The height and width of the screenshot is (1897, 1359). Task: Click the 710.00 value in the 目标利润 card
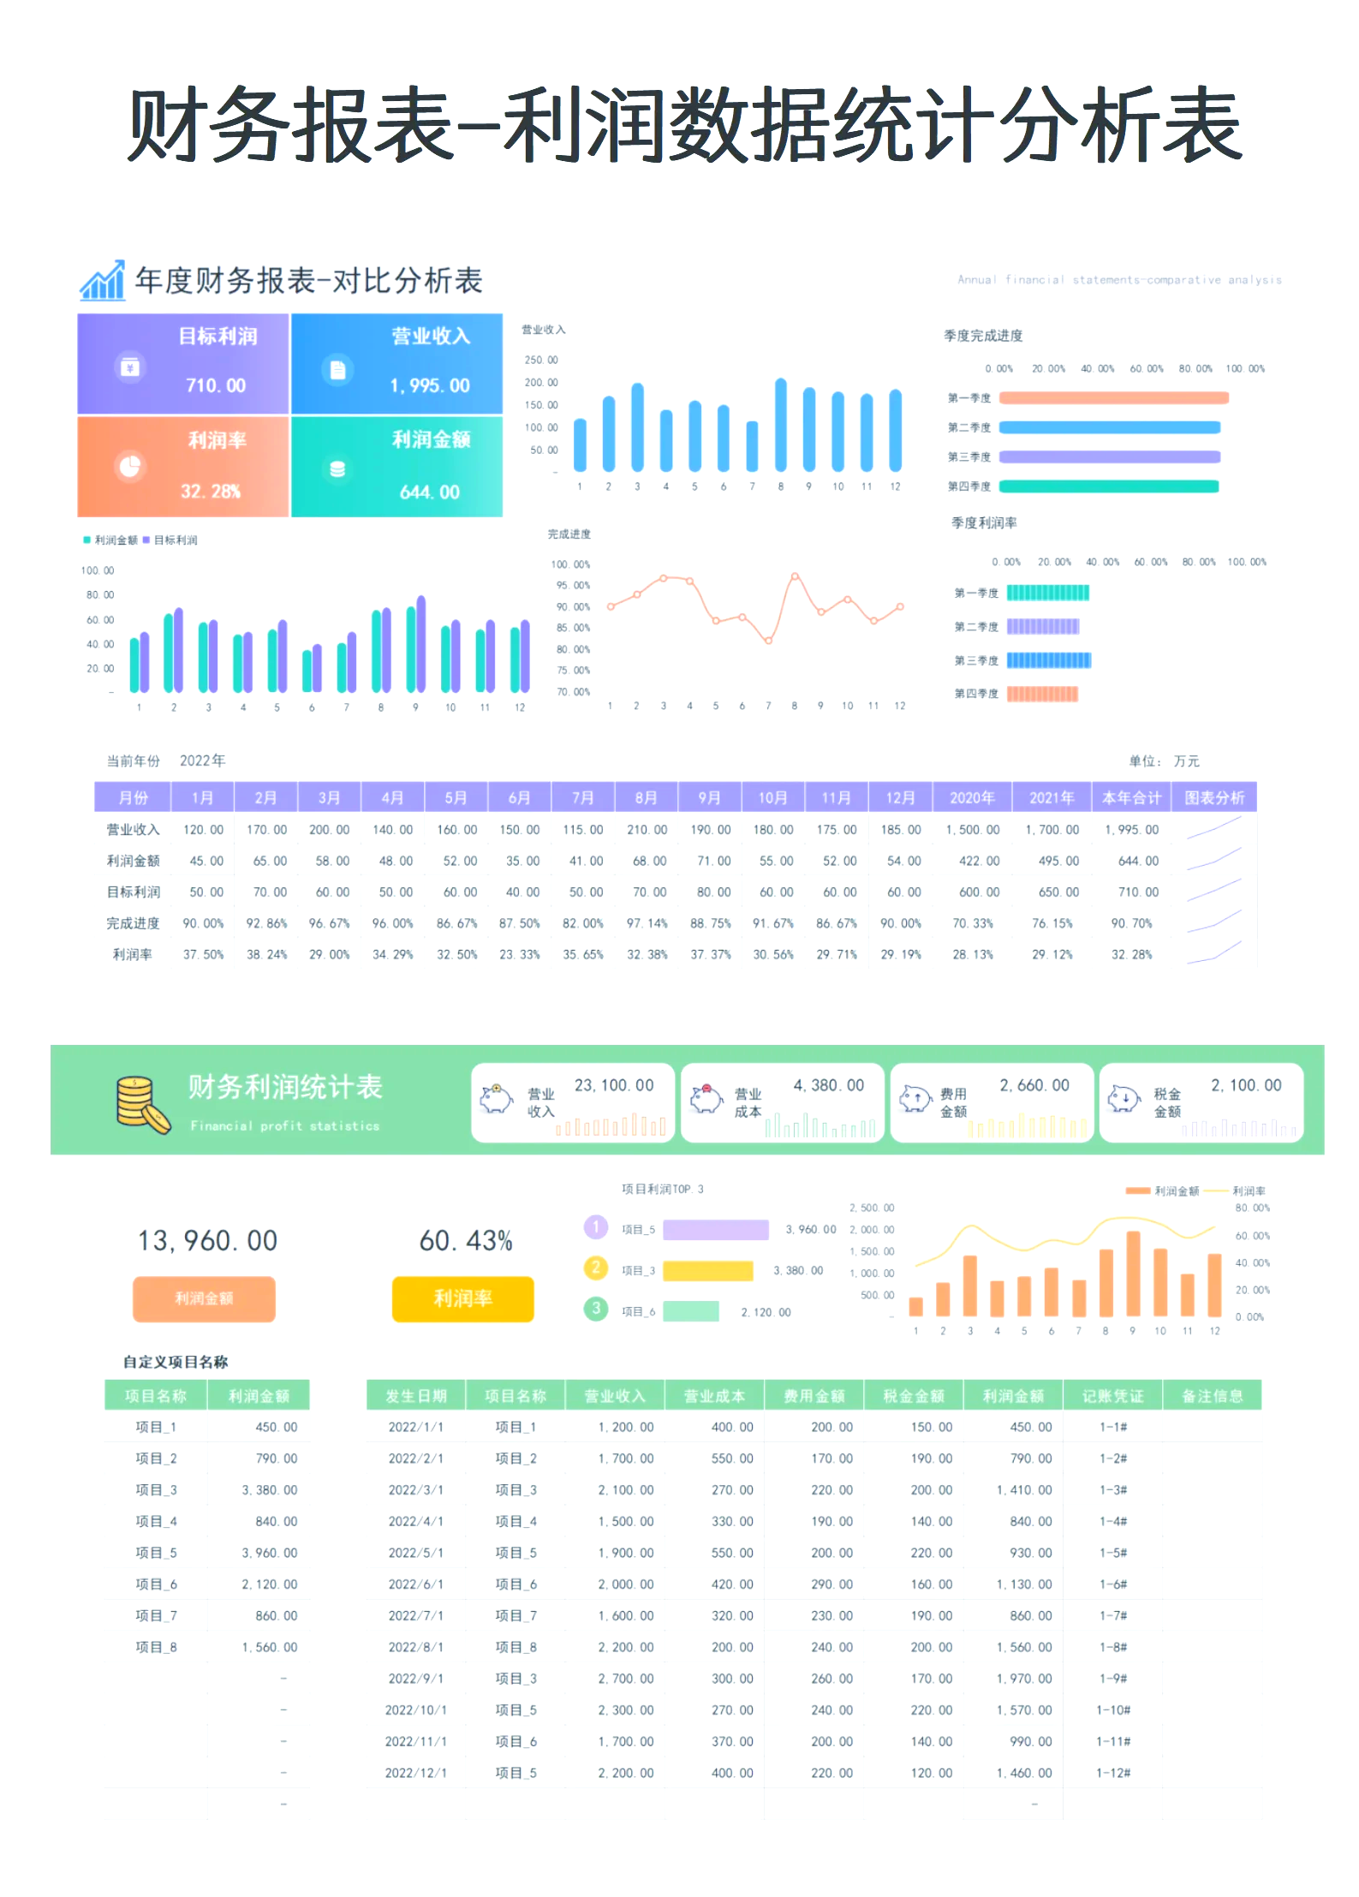pos(216,385)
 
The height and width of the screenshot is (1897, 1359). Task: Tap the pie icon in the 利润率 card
pos(130,467)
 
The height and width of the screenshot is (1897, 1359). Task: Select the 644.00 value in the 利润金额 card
pos(430,492)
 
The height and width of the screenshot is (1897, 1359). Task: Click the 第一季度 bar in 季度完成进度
pos(1113,397)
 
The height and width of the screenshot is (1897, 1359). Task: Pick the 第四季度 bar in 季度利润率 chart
pos(1042,694)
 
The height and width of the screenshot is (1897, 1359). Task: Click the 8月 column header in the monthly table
pos(646,797)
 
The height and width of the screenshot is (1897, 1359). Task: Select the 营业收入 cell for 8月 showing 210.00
pos(647,830)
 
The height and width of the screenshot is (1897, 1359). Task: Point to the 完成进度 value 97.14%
pos(647,923)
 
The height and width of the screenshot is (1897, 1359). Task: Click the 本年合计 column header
pos(1130,797)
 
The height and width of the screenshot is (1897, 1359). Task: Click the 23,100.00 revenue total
pos(614,1085)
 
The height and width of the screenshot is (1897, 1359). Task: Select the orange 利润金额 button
pos(204,1298)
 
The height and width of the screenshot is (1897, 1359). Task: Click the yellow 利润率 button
pos(462,1298)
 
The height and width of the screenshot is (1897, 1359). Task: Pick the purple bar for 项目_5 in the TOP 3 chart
pos(716,1229)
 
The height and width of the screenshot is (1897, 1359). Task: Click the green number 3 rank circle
pos(596,1309)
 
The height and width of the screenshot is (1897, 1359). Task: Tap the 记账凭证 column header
pos(1112,1396)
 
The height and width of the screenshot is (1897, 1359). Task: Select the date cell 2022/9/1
pos(416,1679)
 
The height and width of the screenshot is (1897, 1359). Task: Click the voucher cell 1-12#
pos(1113,1773)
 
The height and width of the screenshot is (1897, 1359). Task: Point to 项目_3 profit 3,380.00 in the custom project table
pos(269,1490)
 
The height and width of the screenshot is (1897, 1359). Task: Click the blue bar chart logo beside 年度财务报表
pos(103,280)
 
